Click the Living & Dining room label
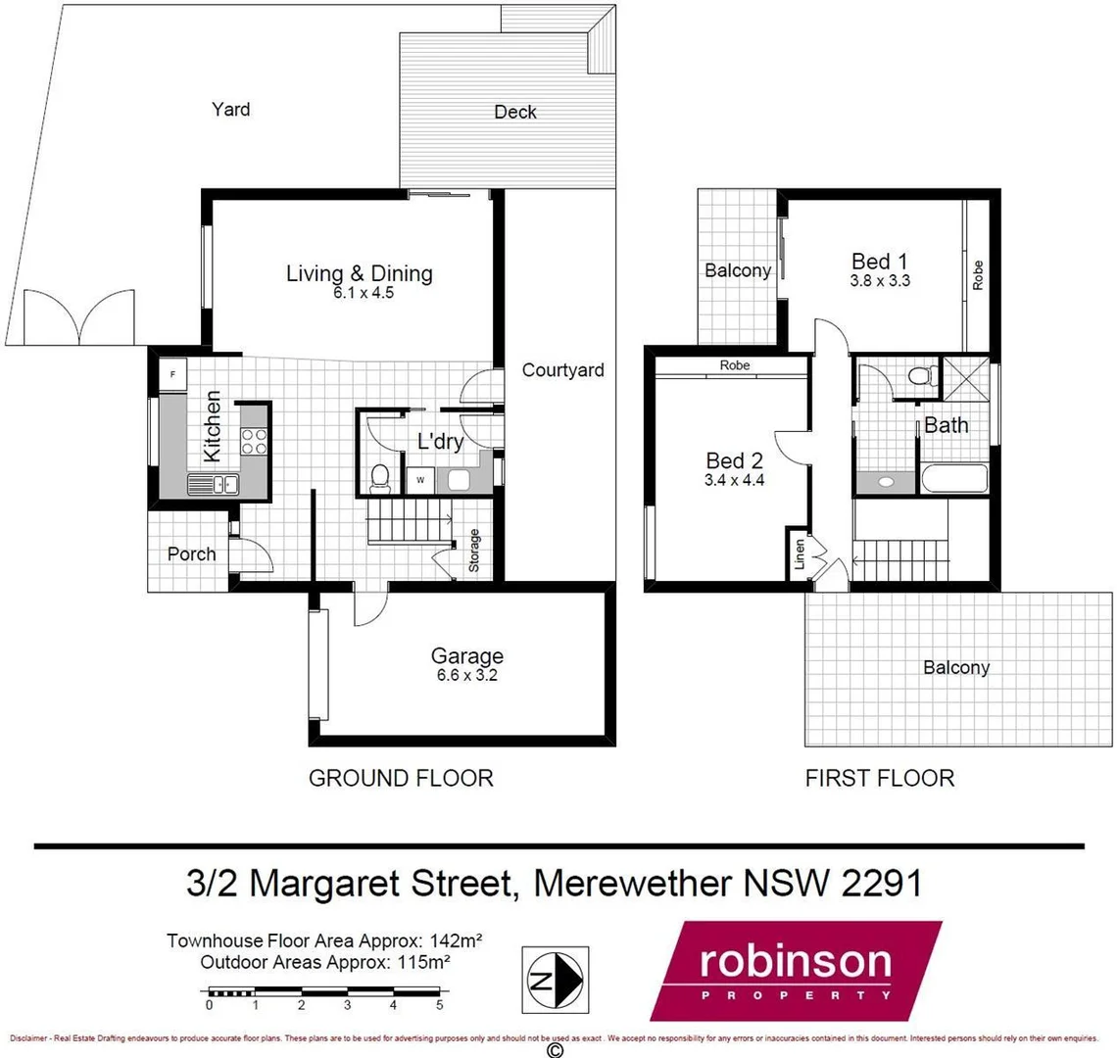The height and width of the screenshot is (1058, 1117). (359, 273)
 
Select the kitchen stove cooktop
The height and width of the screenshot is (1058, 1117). (253, 443)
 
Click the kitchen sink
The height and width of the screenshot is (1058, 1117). (213, 482)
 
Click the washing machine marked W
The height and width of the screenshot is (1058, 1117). (420, 480)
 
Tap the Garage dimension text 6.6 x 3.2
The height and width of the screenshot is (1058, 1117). (467, 674)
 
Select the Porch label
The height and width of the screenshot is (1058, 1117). (191, 553)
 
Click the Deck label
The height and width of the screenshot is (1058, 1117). (514, 113)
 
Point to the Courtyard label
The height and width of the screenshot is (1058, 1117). (562, 370)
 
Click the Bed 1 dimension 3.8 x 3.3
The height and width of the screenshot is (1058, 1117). (879, 279)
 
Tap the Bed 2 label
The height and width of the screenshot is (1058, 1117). (734, 460)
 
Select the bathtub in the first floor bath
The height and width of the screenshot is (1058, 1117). (956, 481)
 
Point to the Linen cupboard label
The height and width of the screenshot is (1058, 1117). (801, 555)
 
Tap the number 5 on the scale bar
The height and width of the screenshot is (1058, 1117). (439, 1005)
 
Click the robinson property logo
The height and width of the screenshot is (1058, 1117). (795, 969)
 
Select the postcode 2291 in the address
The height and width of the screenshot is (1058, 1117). (880, 883)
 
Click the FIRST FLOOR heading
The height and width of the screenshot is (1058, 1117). (879, 778)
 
